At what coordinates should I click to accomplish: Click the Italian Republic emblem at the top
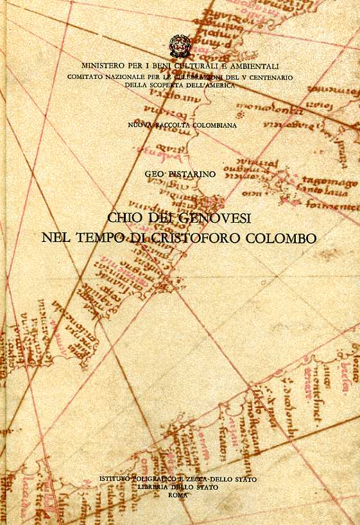click(180, 46)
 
